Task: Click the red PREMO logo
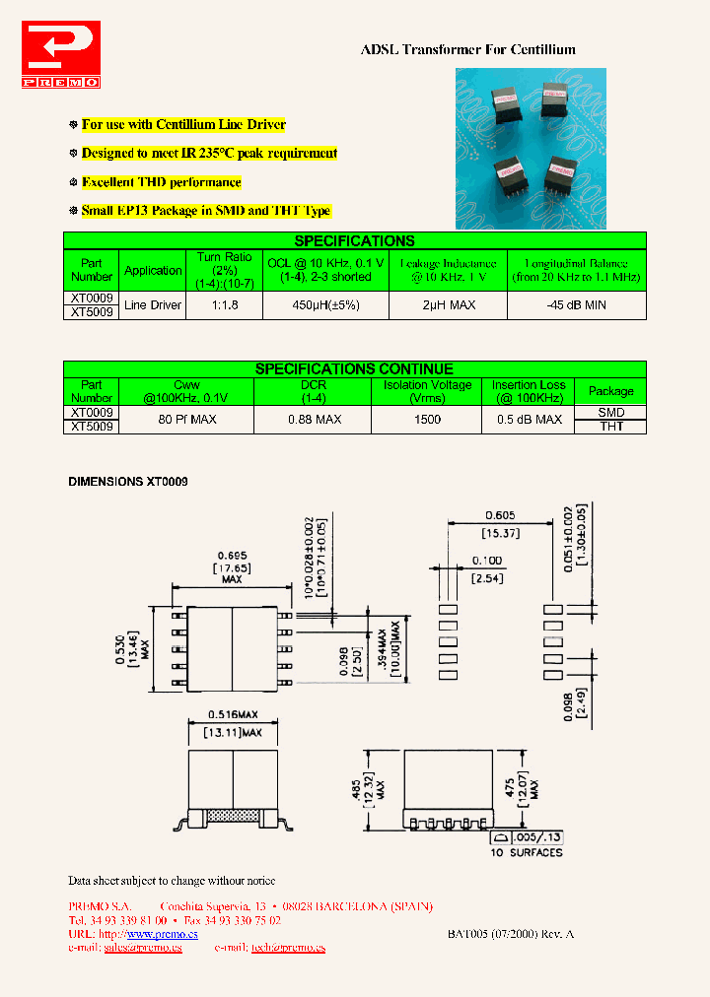(x=60, y=57)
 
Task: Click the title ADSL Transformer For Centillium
(x=467, y=49)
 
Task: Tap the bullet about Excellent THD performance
(x=161, y=182)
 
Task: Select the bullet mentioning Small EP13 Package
(x=206, y=211)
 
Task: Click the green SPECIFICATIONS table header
(x=354, y=240)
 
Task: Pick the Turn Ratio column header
(x=224, y=270)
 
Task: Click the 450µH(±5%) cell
(x=325, y=305)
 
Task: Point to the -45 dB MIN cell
(x=576, y=305)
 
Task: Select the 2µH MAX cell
(x=449, y=305)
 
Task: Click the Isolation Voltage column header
(x=427, y=391)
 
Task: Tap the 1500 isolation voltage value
(x=427, y=420)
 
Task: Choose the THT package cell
(x=610, y=427)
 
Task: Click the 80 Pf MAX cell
(x=186, y=420)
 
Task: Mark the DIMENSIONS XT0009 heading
(x=127, y=482)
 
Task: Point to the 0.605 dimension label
(x=500, y=514)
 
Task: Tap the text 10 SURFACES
(x=527, y=852)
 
